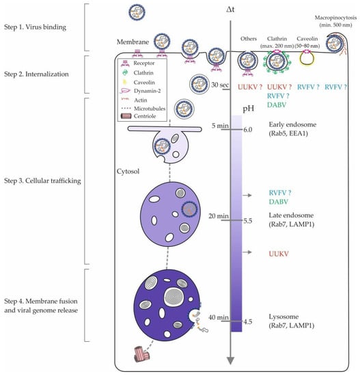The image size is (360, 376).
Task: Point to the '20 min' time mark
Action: pyautogui.click(x=217, y=216)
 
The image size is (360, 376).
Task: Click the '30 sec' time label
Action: pyautogui.click(x=218, y=84)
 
